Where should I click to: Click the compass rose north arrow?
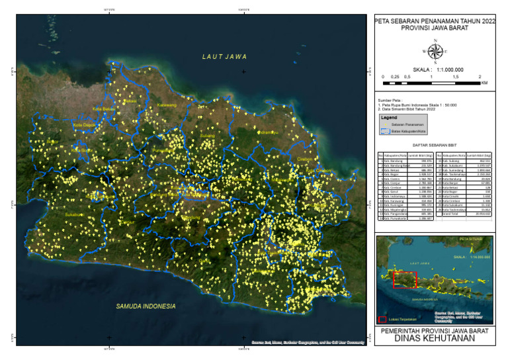(x=435, y=50)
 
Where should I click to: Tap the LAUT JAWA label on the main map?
(x=224, y=57)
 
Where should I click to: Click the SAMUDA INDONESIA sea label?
(x=146, y=306)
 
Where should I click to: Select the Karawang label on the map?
(x=167, y=105)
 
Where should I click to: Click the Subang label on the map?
(x=207, y=136)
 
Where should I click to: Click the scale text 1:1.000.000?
(x=446, y=69)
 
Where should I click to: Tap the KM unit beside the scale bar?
(x=484, y=83)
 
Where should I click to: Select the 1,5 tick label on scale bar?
(x=456, y=77)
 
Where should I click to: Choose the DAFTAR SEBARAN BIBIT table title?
(x=435, y=144)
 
